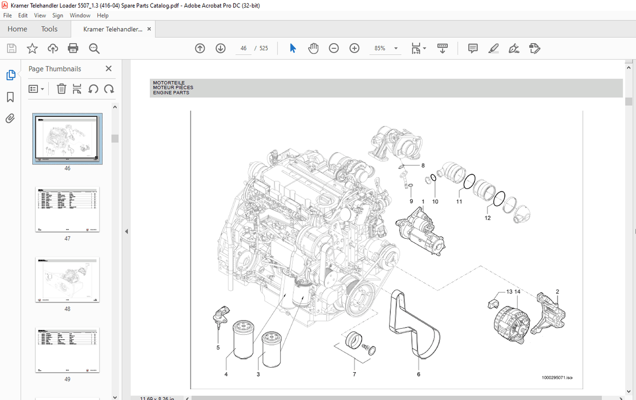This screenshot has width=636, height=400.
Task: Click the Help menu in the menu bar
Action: pyautogui.click(x=103, y=15)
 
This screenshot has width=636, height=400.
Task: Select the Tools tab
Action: pyautogui.click(x=49, y=29)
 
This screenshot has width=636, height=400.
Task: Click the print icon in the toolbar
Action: pyautogui.click(x=73, y=48)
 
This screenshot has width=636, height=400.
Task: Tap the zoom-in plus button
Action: pyautogui.click(x=354, y=48)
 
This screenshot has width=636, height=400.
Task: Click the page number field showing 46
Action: pyautogui.click(x=244, y=48)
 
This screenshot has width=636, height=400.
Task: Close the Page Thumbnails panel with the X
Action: pyautogui.click(x=108, y=69)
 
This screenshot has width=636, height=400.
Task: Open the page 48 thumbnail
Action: pyautogui.click(x=67, y=280)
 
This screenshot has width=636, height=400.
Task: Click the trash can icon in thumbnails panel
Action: pyautogui.click(x=61, y=89)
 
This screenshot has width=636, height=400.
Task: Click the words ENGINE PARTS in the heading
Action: pyautogui.click(x=171, y=93)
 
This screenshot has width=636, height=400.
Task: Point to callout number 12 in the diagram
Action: pyautogui.click(x=487, y=218)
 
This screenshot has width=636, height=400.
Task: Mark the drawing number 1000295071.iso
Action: pyautogui.click(x=556, y=377)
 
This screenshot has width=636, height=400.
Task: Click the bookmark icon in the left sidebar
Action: pyautogui.click(x=10, y=97)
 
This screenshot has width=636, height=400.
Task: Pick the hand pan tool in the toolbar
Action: pyautogui.click(x=313, y=48)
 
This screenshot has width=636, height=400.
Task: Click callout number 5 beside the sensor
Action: pyautogui.click(x=218, y=348)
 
